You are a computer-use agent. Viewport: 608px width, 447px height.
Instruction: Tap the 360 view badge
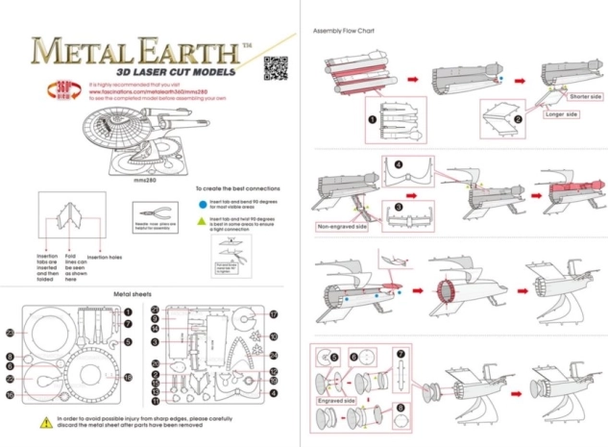[55, 91]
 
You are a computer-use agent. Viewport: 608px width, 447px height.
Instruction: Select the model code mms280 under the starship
[145, 179]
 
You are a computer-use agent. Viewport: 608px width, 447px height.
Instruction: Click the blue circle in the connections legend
[200, 204]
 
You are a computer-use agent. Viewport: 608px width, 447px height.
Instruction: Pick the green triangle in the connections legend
[200, 220]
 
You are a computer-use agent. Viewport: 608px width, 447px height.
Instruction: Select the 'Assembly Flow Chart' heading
[343, 31]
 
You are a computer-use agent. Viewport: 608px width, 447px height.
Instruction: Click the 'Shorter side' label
[586, 97]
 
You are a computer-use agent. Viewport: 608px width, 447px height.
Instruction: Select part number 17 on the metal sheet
[273, 314]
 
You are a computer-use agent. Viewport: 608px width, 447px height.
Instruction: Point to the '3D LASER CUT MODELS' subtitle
[158, 71]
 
